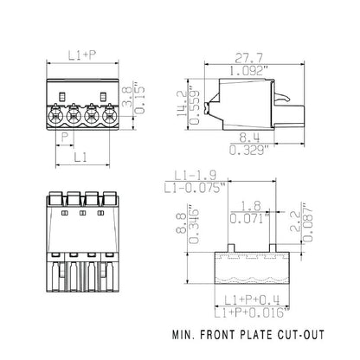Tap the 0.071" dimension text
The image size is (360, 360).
(x=252, y=218)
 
